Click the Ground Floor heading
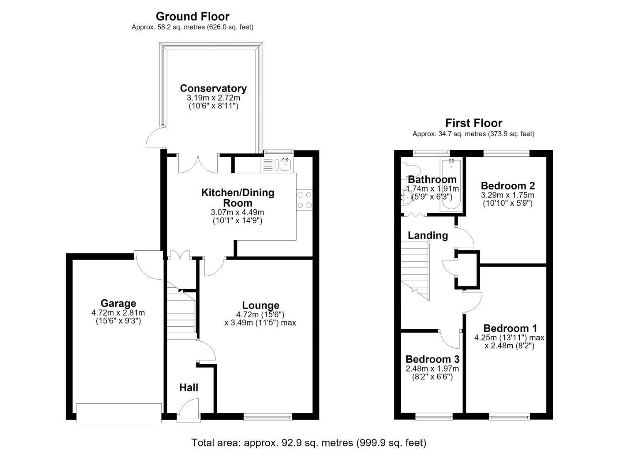click(192, 17)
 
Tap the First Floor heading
click(474, 123)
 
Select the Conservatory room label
click(213, 88)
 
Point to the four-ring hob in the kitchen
click(305, 200)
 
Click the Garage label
click(118, 303)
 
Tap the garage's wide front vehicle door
click(119, 413)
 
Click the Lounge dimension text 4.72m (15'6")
click(260, 314)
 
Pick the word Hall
click(189, 387)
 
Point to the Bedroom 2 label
click(508, 185)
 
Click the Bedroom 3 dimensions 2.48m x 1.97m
click(432, 368)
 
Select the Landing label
click(428, 235)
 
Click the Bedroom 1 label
click(510, 328)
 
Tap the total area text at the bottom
click(309, 443)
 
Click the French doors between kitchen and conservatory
click(198, 164)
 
